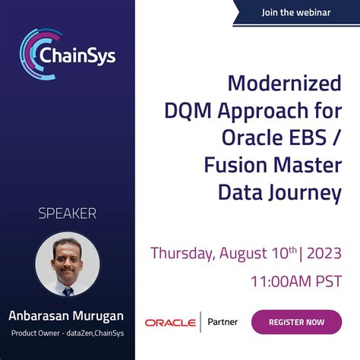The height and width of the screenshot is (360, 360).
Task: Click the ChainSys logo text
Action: click(x=78, y=56)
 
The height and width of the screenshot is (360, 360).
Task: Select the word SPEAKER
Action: click(x=68, y=213)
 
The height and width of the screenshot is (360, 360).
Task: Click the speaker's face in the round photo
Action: click(x=68, y=262)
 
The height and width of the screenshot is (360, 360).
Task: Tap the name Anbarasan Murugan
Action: click(x=67, y=315)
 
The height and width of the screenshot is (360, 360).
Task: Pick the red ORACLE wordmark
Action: click(x=170, y=323)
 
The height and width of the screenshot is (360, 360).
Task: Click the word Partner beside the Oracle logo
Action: click(x=223, y=322)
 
